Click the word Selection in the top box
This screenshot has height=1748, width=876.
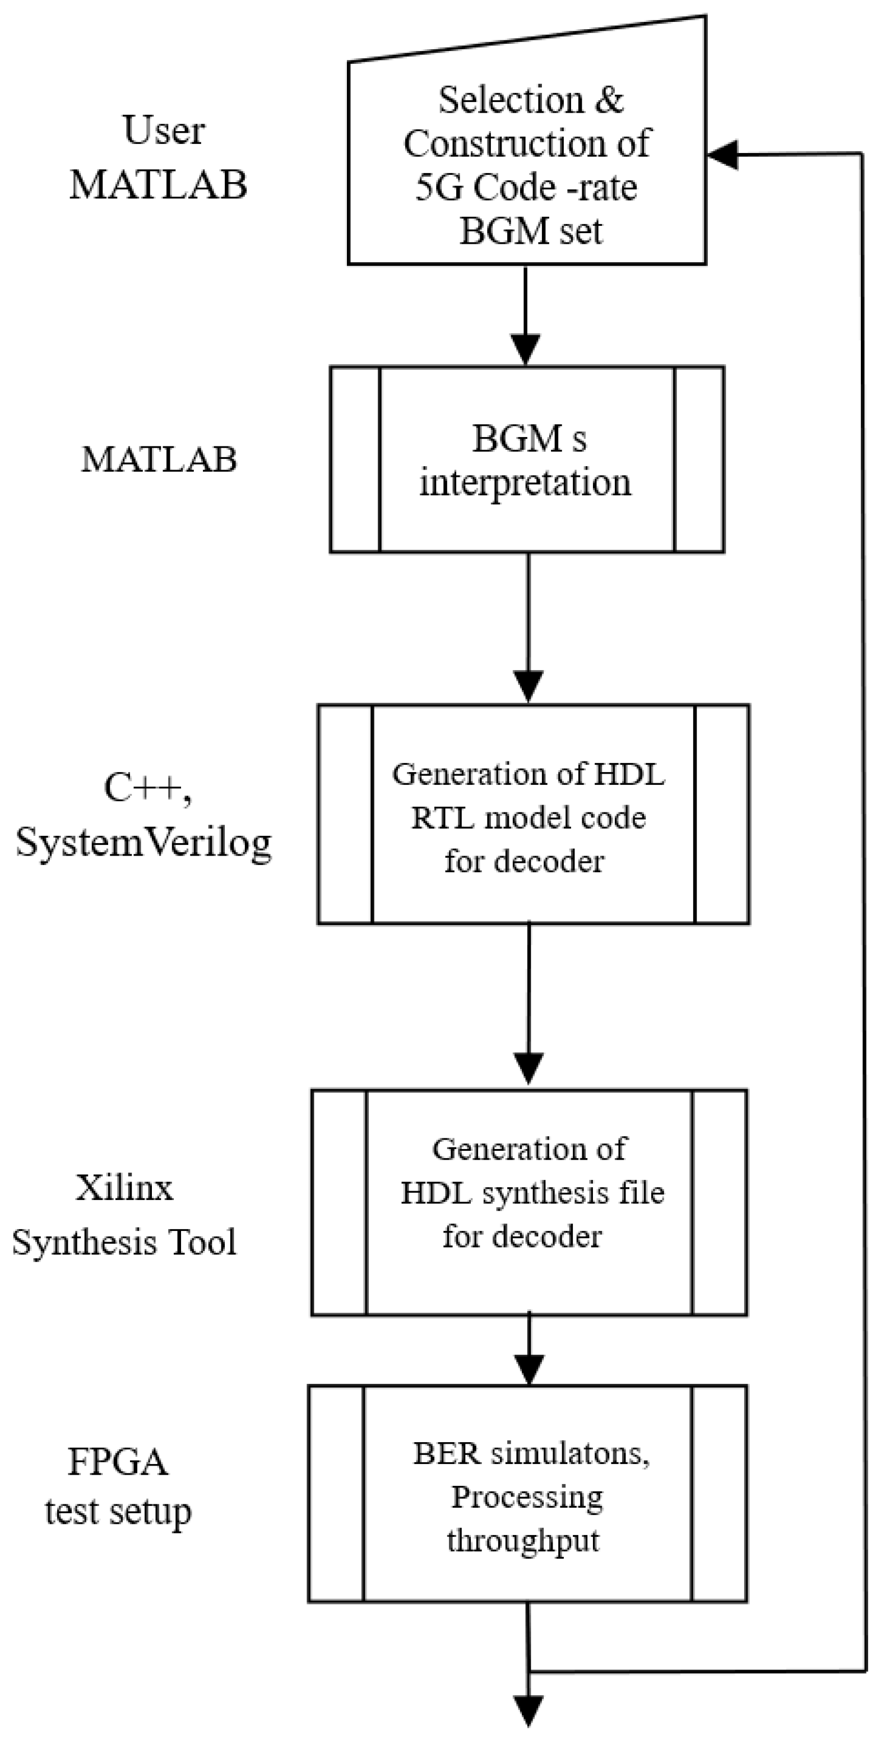pos(510,100)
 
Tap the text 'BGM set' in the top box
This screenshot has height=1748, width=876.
pos(530,231)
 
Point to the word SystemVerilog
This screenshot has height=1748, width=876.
pos(143,843)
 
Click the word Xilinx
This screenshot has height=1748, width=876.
pos(124,1188)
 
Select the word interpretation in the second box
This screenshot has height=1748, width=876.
pos(525,483)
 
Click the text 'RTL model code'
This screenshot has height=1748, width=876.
pos(529,817)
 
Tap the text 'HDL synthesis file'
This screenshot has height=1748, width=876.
pos(532,1193)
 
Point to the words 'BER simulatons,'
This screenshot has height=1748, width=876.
pos(531,1453)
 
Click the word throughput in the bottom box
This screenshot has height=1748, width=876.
pos(523,1540)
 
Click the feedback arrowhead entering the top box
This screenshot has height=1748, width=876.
pos(722,155)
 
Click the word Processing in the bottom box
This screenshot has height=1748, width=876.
pos(527,1497)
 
